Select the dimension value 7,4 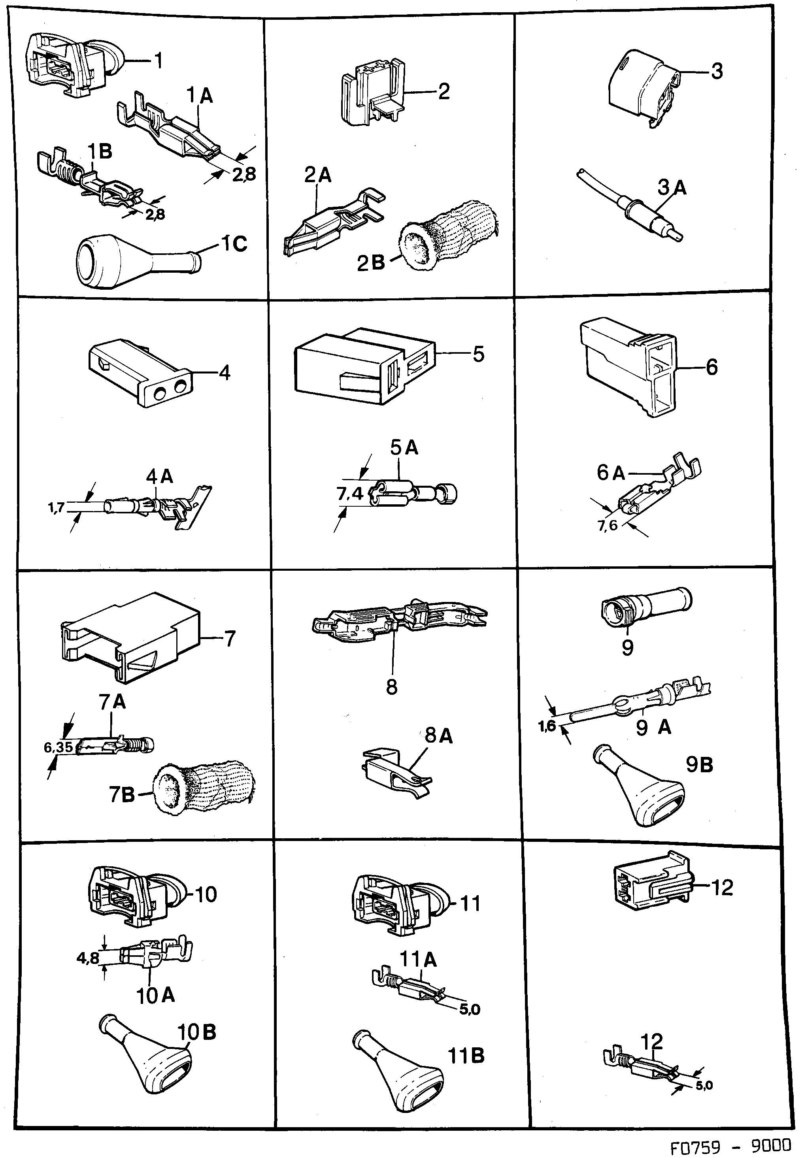click(x=349, y=494)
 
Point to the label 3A click(x=672, y=187)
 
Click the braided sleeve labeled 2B click(x=448, y=237)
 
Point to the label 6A click(x=611, y=473)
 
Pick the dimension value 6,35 click(x=59, y=747)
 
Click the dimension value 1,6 click(x=547, y=726)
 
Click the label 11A click(x=418, y=960)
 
